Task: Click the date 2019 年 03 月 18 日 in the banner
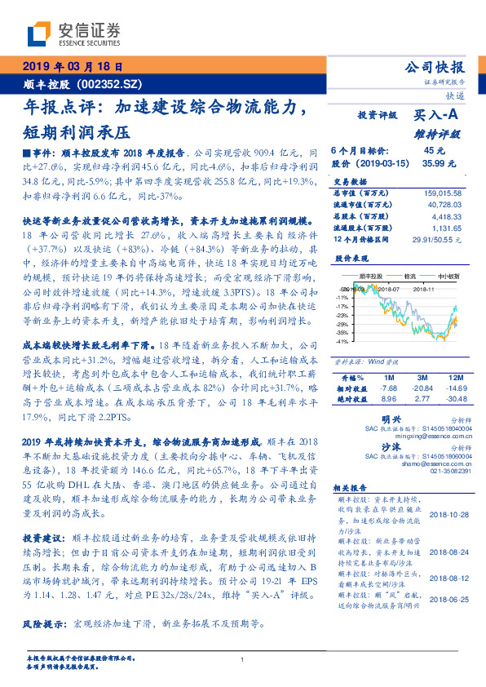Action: click(x=71, y=66)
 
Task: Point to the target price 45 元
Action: click(x=433, y=151)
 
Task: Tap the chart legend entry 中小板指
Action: click(x=448, y=300)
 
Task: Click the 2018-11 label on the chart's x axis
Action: click(x=425, y=311)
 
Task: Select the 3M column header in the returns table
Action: click(x=422, y=378)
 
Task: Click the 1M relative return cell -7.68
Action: click(x=387, y=388)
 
